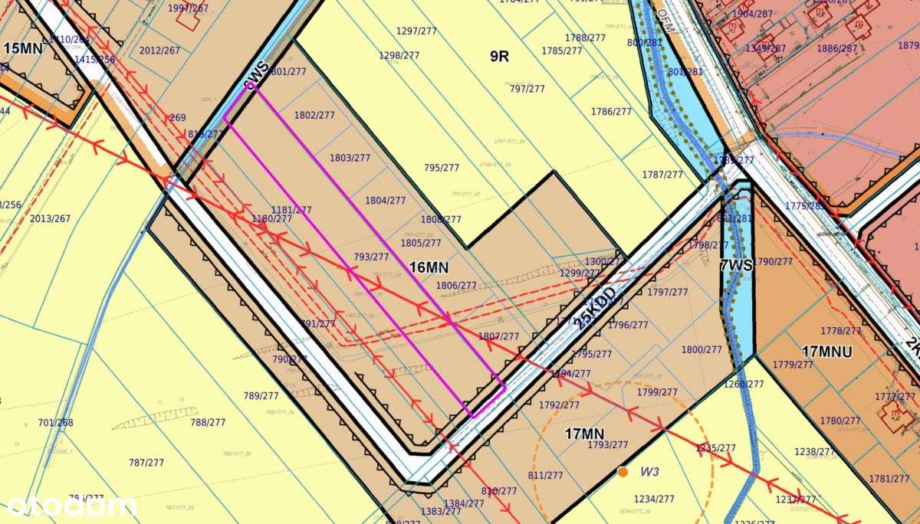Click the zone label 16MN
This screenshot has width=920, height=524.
429,267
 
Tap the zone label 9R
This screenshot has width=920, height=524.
500,56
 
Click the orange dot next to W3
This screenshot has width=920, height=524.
623,472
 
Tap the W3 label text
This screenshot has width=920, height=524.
652,471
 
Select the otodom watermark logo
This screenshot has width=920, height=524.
71,506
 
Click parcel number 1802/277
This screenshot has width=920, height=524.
314,115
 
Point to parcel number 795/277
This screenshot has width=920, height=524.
442,168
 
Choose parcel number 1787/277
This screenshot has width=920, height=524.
662,175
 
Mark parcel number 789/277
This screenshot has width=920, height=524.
261,396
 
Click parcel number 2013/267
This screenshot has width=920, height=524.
50,218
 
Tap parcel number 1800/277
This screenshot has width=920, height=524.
701,349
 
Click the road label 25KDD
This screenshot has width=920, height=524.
598,309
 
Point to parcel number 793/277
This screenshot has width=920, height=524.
371,257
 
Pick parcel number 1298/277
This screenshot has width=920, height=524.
399,55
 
